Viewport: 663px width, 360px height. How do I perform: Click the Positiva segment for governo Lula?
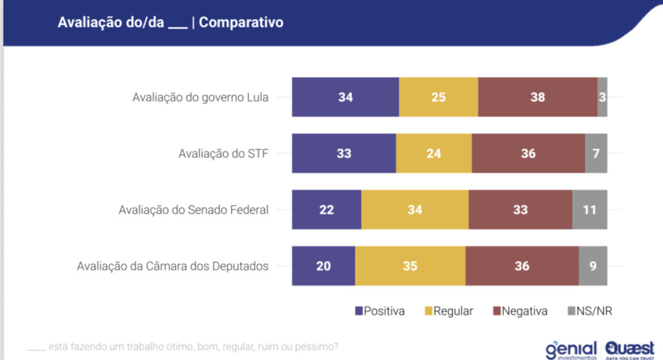tap(345, 97)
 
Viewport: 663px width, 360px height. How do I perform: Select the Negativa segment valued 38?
tap(537, 97)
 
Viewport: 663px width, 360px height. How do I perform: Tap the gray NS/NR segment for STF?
tap(596, 153)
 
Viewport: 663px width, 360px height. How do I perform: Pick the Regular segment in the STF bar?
tap(434, 153)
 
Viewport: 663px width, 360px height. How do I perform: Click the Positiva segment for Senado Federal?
tap(326, 210)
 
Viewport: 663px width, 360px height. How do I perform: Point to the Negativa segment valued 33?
tap(520, 210)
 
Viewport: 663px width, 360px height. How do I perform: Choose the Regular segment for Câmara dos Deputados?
tap(410, 266)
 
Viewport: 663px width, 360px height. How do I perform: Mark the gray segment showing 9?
tap(592, 266)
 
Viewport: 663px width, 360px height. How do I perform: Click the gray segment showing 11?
tap(589, 210)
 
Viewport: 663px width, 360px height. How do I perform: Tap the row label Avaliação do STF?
tap(223, 154)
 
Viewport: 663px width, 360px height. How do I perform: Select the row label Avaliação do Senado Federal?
tap(194, 210)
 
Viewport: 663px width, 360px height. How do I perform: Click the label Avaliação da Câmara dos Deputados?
tap(172, 266)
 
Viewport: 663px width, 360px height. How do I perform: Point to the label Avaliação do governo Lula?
tap(200, 98)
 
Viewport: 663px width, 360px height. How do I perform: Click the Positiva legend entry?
tap(380, 311)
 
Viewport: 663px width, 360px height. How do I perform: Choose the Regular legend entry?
tap(448, 311)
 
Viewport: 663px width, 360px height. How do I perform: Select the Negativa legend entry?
tap(521, 311)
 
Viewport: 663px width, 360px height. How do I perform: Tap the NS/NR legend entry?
tap(590, 311)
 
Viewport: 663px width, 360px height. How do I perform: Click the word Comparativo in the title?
tap(241, 22)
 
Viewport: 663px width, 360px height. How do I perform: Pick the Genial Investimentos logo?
tap(572, 348)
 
